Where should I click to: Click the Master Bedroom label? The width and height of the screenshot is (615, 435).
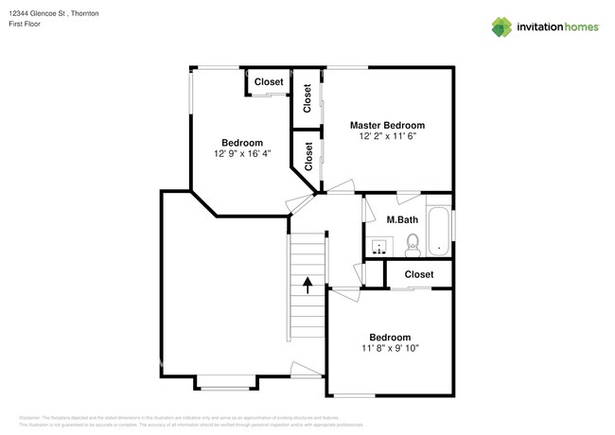coord(387,125)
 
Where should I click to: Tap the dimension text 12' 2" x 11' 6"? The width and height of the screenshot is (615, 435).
coord(387,136)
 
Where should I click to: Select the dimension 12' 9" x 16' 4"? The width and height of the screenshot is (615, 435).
coord(242,153)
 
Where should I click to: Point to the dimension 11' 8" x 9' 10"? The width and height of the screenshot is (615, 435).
coord(389,348)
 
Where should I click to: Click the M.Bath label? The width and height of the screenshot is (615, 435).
coord(402,220)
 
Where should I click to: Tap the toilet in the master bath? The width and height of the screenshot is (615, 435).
coord(412,248)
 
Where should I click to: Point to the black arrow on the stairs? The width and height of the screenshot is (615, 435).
coord(307,284)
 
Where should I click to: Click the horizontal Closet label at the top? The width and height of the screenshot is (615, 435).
coord(269,82)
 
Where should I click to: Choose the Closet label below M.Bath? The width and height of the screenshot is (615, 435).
coord(419,274)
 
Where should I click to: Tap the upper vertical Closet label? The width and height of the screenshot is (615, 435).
coord(307,98)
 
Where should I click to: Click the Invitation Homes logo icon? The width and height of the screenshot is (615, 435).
coord(501,26)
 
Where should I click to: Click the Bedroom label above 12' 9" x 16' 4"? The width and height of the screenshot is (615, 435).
coord(242,143)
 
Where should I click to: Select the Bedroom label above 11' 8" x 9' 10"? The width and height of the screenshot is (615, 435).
coord(389,338)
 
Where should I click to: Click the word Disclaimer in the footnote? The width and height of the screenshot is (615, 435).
coord(31,416)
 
